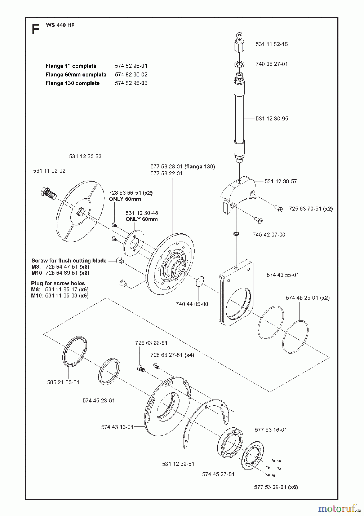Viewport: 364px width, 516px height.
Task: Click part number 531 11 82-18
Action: pos(271,44)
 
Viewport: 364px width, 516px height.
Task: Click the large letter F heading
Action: pos(35,30)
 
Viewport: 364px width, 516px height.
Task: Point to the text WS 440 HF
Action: pos(60,25)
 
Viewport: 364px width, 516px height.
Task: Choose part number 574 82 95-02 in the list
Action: pos(131,75)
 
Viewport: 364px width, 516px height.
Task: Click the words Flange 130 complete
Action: pos(72,83)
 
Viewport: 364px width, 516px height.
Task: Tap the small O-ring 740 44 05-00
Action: pos(200,281)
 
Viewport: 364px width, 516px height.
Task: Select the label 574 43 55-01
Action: pos(282,275)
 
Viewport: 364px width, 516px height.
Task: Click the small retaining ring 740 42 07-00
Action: pos(236,234)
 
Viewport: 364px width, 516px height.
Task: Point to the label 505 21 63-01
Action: pos(63,382)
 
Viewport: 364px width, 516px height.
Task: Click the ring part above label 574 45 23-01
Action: pos(109,370)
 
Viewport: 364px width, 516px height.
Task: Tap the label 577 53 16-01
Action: pos(270,430)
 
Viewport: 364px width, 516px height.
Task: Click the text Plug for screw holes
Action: pos(58,283)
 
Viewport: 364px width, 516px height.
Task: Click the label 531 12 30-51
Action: pos(178,464)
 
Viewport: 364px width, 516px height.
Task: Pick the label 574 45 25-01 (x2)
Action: pos(308,298)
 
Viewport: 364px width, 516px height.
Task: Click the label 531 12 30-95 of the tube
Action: pos(272,119)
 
